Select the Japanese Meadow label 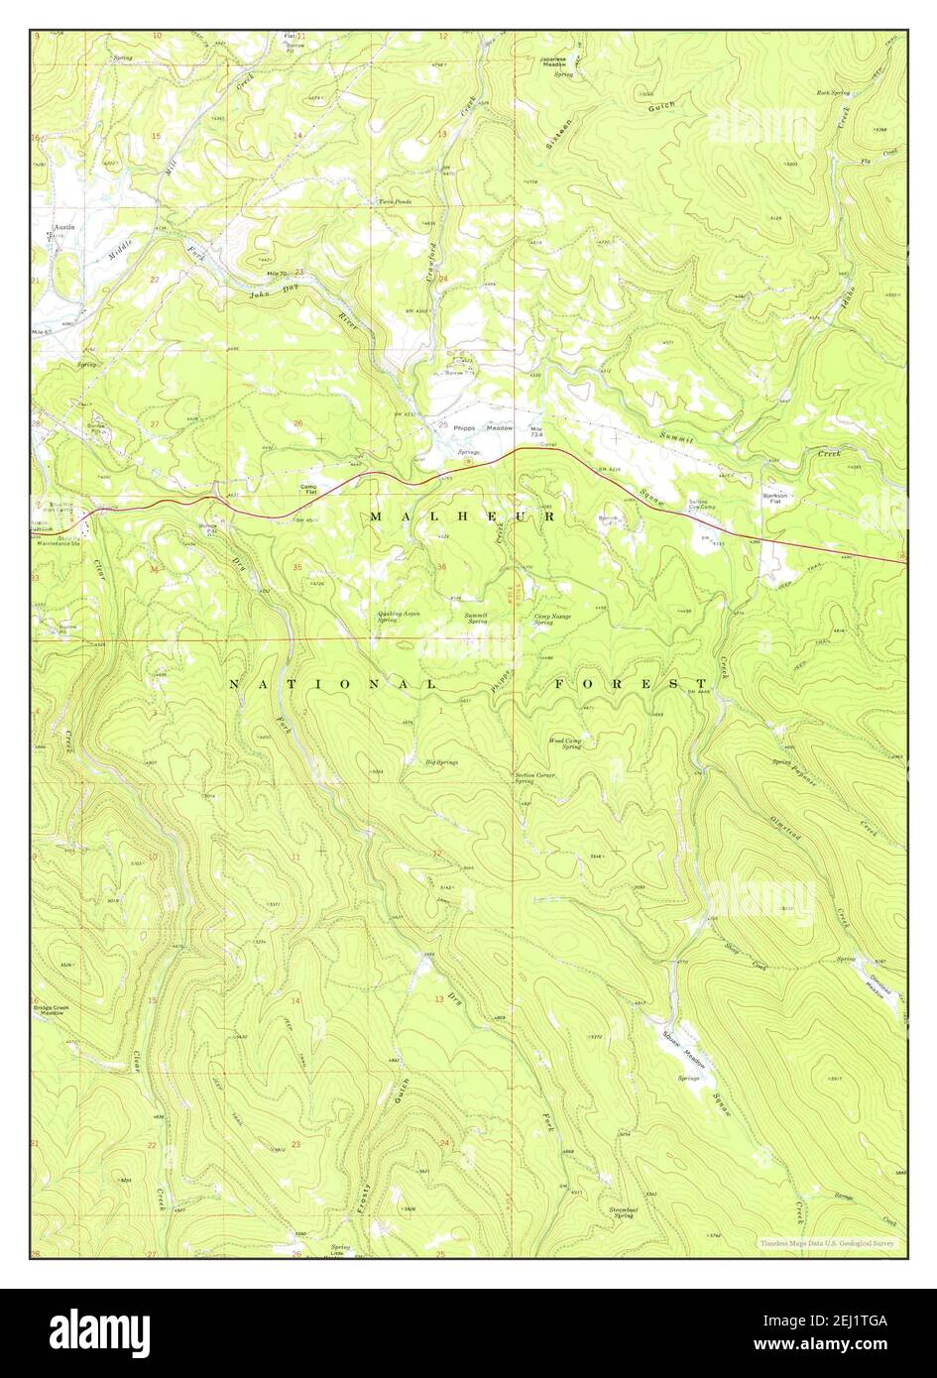[558, 61]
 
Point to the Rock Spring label [833, 92]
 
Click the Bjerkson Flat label [775, 498]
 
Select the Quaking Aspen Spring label [399, 616]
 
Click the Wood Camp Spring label [565, 743]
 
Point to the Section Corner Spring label [533, 778]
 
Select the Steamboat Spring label [623, 1211]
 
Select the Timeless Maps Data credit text [827, 1242]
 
